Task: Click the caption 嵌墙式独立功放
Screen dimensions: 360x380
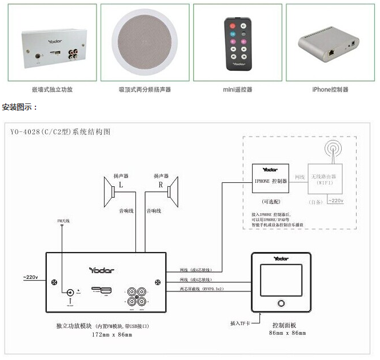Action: [53, 90]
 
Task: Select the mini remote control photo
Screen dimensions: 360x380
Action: [237, 43]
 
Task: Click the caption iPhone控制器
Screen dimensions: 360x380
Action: [330, 90]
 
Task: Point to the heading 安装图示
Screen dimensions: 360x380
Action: [19, 107]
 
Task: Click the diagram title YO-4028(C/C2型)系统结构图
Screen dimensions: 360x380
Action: [60, 131]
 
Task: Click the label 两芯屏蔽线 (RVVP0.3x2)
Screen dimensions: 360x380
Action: [202, 290]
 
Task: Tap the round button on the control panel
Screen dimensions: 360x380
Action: [280, 303]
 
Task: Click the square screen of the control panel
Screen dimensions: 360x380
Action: [280, 279]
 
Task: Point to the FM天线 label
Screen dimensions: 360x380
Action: [63, 221]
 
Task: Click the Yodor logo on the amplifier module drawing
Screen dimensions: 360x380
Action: [102, 270]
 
